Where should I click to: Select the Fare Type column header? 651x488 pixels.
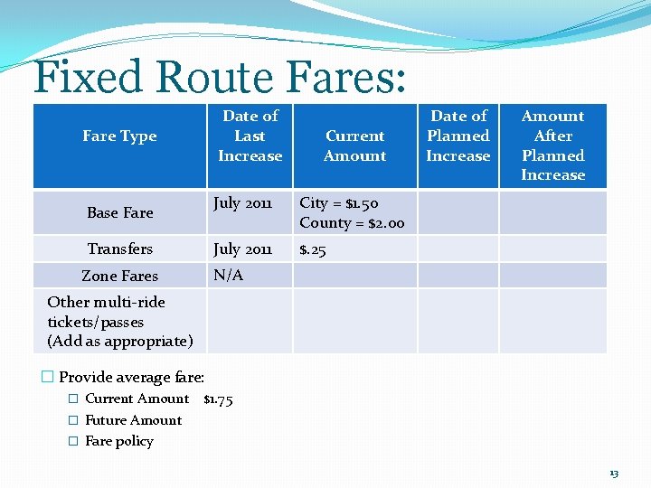coord(119,136)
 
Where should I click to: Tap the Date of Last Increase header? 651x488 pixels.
coord(250,136)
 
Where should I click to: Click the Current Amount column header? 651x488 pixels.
coord(354,145)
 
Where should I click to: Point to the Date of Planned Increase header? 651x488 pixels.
coord(458,136)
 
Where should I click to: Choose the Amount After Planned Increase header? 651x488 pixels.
coord(552,145)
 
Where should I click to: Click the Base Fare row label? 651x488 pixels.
coord(119,213)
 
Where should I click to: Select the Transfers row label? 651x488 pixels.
coord(119,249)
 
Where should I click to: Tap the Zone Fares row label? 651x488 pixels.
coord(119,277)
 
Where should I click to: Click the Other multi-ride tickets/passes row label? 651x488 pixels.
coord(119,322)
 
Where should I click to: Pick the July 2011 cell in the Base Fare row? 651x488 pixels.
coord(242,203)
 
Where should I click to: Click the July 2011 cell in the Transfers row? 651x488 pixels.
coord(242,249)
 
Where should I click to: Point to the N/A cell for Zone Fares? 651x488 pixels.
coord(228,276)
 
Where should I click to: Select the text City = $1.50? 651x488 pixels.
coord(339,203)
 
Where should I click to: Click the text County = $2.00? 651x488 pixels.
coord(352,223)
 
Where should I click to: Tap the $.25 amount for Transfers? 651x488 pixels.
coord(312,249)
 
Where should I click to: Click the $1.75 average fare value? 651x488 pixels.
coord(218,399)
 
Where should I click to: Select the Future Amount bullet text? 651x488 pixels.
coord(133,420)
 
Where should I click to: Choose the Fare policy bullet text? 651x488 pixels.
coord(118,441)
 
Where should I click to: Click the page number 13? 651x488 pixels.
coord(614,474)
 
